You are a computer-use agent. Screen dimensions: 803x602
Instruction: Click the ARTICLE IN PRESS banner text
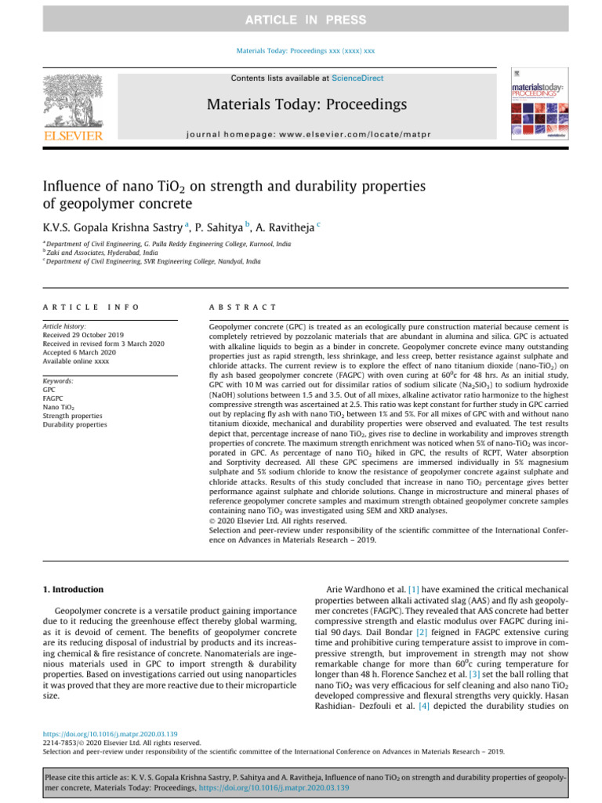[300, 19]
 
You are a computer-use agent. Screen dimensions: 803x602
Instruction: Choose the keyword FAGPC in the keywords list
[55, 398]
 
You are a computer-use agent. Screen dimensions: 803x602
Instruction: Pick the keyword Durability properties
[75, 424]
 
